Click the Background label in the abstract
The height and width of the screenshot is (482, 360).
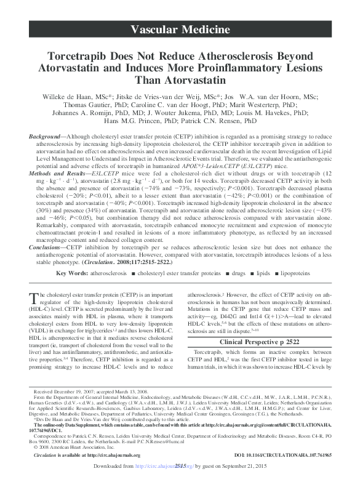(46, 135)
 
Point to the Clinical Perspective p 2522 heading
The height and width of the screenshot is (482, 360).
(257, 340)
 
